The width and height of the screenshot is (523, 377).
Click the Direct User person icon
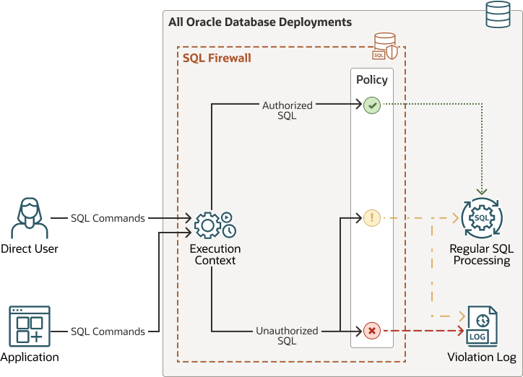(x=30, y=218)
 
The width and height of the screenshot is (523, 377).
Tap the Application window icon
(x=30, y=326)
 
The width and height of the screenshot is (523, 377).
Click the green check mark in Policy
(x=372, y=105)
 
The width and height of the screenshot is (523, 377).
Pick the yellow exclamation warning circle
(x=372, y=217)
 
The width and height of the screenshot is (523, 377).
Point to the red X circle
(x=372, y=331)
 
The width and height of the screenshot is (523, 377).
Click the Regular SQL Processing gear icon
(x=481, y=217)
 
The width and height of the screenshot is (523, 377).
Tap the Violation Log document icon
(x=481, y=326)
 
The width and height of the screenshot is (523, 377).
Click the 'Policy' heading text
(x=372, y=80)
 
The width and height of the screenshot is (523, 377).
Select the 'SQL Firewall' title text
(x=217, y=58)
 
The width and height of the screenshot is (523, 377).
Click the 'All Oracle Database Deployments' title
(x=260, y=22)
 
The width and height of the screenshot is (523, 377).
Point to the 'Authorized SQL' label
(x=288, y=110)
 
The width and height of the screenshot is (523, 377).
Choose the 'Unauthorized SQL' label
(x=287, y=336)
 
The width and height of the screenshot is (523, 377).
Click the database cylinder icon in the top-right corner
(x=498, y=15)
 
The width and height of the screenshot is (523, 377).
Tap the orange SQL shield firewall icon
(x=385, y=46)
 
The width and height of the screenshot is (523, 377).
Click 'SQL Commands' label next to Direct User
(x=108, y=218)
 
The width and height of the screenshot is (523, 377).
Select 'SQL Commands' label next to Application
(x=108, y=331)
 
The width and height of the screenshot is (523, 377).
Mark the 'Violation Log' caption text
(x=482, y=357)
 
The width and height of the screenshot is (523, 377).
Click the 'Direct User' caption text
(x=30, y=249)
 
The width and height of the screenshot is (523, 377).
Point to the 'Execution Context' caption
(x=215, y=254)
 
